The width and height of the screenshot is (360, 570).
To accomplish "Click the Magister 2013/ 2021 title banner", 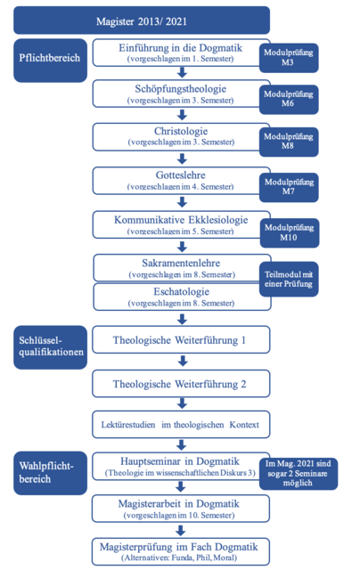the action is click(142, 20).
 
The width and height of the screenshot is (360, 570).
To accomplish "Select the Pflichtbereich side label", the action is click(50, 61).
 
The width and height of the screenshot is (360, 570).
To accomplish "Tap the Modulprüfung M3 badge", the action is click(289, 58).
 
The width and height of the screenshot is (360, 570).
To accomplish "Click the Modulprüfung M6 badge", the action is click(289, 99).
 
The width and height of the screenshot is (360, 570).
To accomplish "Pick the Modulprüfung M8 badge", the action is click(289, 142).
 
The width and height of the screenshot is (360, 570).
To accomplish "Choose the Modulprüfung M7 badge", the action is click(289, 187).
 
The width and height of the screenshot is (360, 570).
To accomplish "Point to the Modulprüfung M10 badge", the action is click(290, 233).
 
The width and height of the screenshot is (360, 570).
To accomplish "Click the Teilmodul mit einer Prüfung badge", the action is click(289, 279).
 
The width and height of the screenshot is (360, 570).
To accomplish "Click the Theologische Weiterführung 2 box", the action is click(181, 384).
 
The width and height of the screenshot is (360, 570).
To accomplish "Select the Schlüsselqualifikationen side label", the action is click(50, 347).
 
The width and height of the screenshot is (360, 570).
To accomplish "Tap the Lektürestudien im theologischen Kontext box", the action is click(181, 424).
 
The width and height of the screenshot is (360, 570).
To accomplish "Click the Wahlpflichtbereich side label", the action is click(50, 473).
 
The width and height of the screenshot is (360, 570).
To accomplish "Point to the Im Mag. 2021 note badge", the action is click(299, 474).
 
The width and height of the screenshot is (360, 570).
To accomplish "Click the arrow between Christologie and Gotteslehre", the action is click(182, 159).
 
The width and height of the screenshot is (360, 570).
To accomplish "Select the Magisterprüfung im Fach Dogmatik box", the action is click(181, 551).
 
